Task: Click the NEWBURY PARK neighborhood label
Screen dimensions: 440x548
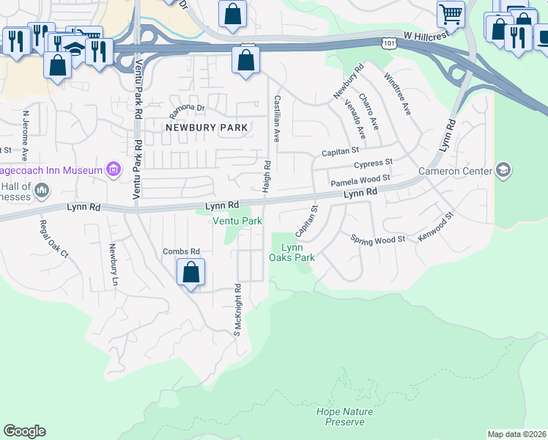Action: click(x=207, y=127)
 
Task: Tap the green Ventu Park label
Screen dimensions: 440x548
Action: click(x=237, y=221)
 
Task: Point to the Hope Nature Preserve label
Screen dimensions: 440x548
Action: click(x=344, y=417)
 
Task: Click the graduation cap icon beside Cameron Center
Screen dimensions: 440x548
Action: click(x=503, y=171)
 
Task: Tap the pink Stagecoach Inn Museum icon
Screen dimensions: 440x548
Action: click(x=114, y=170)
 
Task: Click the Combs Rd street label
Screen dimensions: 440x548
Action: click(x=181, y=252)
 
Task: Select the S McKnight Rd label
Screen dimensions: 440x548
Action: click(x=237, y=309)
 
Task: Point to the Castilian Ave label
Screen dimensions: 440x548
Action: click(x=277, y=118)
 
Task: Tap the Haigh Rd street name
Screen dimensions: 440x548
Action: click(x=267, y=177)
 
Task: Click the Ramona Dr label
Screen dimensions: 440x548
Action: click(x=186, y=108)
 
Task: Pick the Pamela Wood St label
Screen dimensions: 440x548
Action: click(x=360, y=180)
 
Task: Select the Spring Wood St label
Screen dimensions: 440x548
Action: click(x=377, y=240)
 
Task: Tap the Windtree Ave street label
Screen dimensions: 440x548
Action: click(x=398, y=93)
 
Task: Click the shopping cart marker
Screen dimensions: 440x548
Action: click(x=451, y=13)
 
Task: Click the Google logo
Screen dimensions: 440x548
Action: click(x=24, y=431)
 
